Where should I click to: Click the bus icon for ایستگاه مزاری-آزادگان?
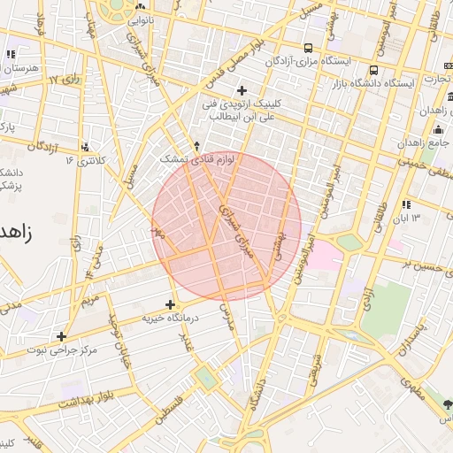click(x=308, y=48)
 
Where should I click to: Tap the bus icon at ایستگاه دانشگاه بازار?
click(x=374, y=70)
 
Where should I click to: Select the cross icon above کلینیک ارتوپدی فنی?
click(x=242, y=90)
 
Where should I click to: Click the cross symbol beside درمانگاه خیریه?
click(x=170, y=304)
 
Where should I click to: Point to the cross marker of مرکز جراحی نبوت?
click(x=61, y=336)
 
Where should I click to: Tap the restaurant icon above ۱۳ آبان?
click(x=406, y=205)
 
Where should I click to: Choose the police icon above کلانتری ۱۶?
click(x=85, y=147)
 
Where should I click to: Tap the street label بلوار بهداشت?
click(x=87, y=398)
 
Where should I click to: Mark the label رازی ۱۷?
click(x=65, y=81)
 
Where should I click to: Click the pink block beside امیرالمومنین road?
click(x=326, y=257)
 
